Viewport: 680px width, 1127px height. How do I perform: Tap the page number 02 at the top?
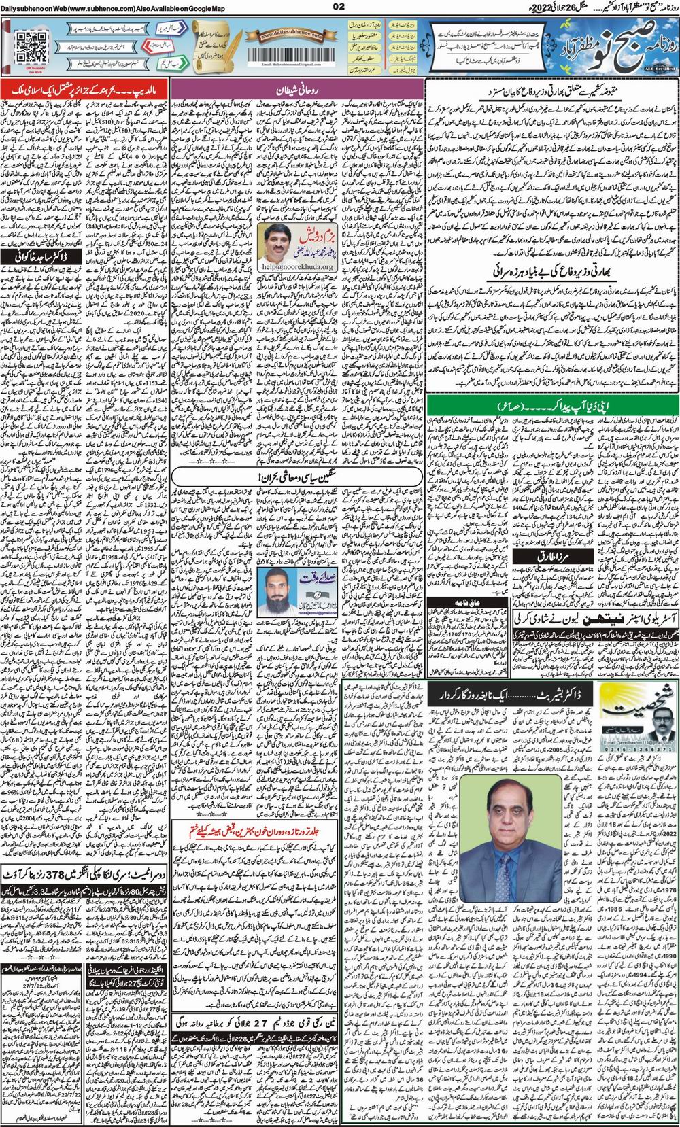[x=339, y=7]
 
